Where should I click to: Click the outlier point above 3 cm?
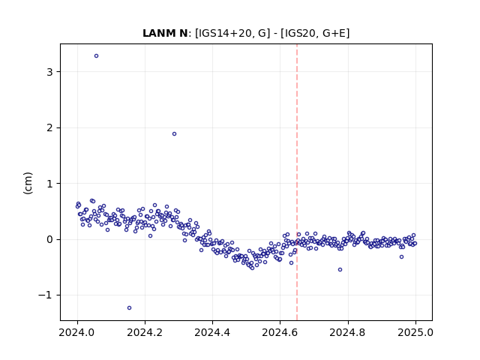[97, 56]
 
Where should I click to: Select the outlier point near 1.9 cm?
[175, 133]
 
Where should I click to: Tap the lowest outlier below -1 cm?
[130, 308]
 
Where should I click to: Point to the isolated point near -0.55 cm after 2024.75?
[340, 270]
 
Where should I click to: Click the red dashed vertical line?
[297, 182]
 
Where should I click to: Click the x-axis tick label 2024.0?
[77, 332]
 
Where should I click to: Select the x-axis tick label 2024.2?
[145, 332]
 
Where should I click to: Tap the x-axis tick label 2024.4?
[212, 332]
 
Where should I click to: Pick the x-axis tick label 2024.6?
[280, 332]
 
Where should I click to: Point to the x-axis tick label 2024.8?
[348, 332]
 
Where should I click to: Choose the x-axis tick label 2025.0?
[415, 332]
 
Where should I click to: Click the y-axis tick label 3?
[49, 72]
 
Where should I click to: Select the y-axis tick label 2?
[49, 128]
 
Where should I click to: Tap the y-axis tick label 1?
[49, 184]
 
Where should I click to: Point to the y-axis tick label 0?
[49, 239]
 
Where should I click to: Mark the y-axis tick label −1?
[45, 295]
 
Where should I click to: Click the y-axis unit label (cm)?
[28, 183]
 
